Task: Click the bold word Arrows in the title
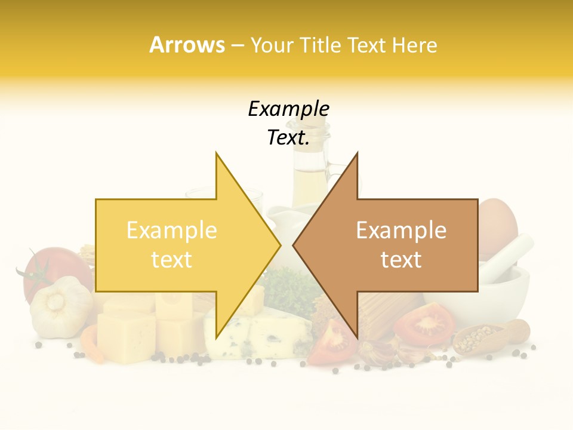[187, 45]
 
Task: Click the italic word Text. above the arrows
[288, 138]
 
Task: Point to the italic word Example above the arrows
[288, 109]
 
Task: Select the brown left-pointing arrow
[394, 245]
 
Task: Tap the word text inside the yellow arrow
[171, 260]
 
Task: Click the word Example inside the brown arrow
[401, 231]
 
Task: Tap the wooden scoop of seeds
[489, 337]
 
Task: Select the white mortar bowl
[507, 293]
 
